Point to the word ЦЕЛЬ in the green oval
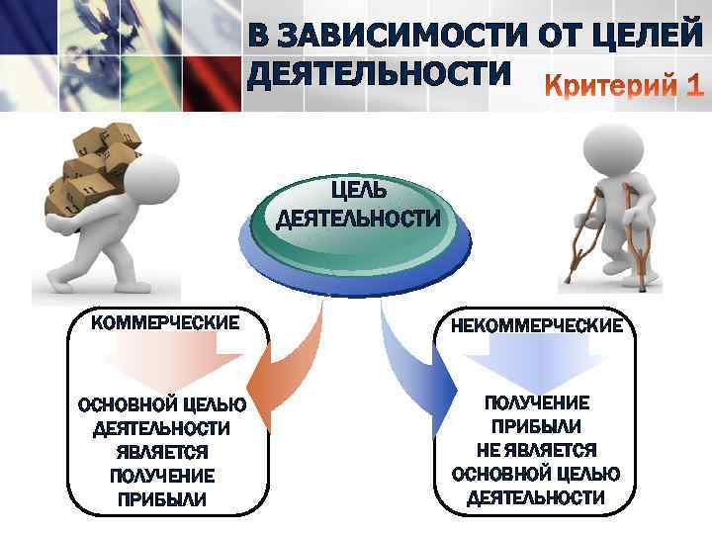click(x=357, y=188)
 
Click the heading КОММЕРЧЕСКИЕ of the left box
click(x=165, y=322)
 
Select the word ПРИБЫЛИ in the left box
click(x=162, y=499)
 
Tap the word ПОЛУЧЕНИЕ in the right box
click(x=538, y=404)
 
